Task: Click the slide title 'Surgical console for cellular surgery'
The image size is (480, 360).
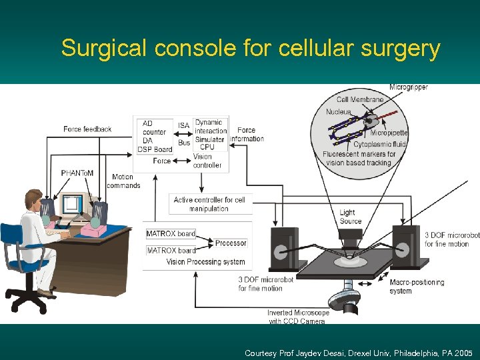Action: (251, 49)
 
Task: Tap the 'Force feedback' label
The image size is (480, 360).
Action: (87, 129)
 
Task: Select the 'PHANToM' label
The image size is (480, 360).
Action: (77, 173)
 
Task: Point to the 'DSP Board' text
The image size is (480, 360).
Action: (155, 149)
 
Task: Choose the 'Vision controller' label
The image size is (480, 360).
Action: (207, 161)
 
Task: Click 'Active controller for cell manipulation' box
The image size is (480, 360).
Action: (209, 204)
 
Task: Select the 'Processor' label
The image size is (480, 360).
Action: (231, 243)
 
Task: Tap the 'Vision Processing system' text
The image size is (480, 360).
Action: (205, 262)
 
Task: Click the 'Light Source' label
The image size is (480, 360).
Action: (350, 217)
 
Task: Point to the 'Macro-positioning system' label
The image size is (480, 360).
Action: (417, 287)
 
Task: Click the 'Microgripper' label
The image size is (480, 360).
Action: (409, 87)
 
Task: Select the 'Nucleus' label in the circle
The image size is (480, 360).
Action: (338, 112)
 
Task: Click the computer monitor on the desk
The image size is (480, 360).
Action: (71, 203)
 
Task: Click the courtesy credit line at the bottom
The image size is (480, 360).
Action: (359, 353)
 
